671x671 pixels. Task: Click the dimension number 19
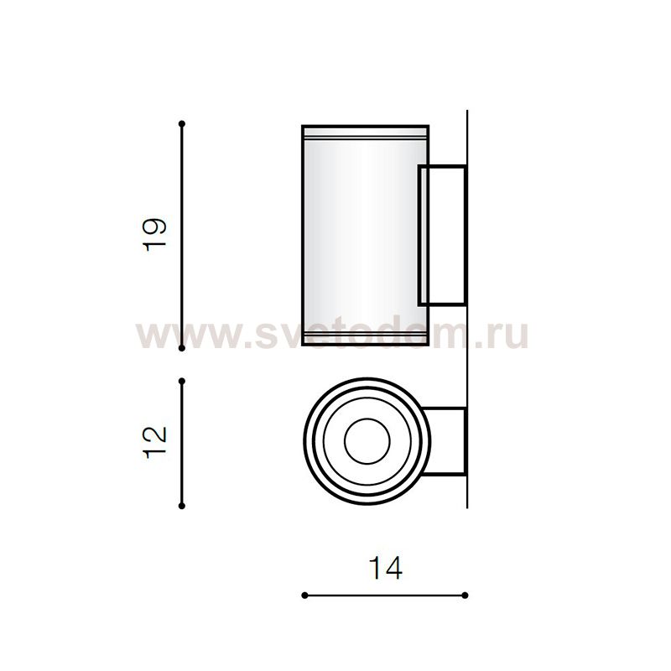[157, 235]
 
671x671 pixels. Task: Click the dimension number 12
[157, 442]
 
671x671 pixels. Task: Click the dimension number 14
[385, 568]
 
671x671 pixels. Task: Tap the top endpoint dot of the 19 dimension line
[182, 124]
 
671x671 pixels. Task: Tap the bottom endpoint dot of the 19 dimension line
[182, 346]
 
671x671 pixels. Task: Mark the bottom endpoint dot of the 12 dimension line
[182, 506]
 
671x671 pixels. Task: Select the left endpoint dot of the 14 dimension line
[304, 596]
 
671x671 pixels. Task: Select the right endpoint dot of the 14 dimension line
[465, 596]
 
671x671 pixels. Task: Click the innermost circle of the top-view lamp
[365, 440]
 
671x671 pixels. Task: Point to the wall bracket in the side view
[442, 235]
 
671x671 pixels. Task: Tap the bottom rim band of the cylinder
[365, 340]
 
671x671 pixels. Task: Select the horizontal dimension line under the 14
[384, 596]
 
